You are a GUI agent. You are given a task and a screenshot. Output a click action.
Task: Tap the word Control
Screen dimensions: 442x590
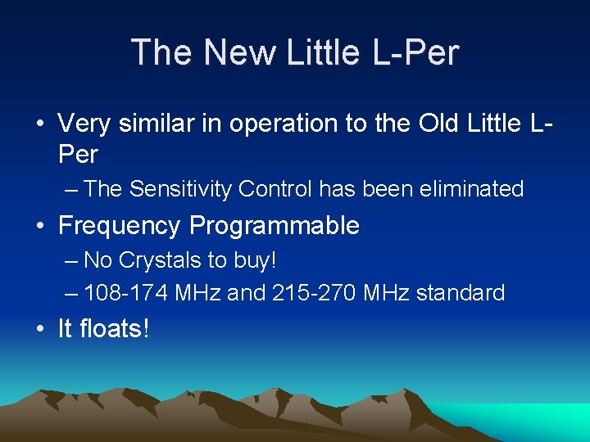275,189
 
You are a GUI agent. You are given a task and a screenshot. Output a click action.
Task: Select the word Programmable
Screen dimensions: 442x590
275,226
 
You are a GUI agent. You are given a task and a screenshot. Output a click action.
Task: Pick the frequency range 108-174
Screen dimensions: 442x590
128,292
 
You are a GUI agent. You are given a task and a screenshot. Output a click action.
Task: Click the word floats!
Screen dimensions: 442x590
116,329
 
